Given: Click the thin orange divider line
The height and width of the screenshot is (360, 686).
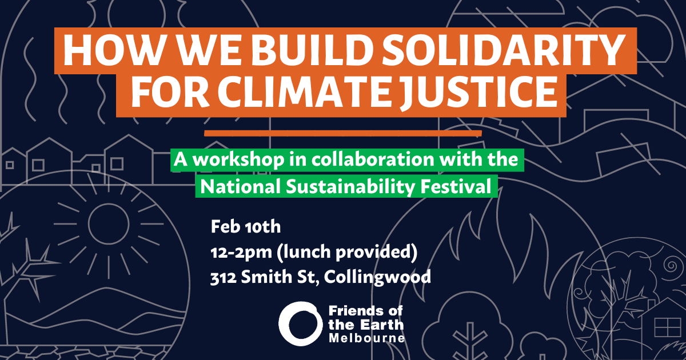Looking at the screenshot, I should pos(343,134).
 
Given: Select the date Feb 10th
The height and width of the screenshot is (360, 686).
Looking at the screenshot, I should pos(246,227).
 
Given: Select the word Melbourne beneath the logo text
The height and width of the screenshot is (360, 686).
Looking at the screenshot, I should pos(367,338).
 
